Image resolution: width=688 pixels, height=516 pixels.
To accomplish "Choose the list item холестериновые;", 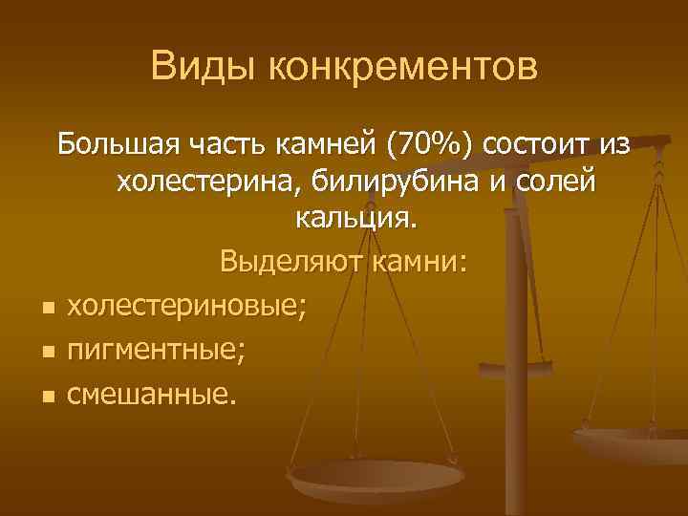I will (187, 307).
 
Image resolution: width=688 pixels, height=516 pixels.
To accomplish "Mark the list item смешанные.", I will (150, 393).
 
